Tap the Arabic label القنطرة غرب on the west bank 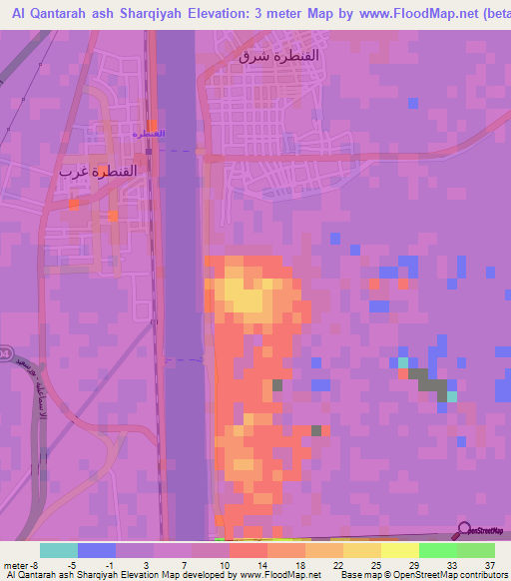[94, 170]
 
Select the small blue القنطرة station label [148, 133]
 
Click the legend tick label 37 [488, 565]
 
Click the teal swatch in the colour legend [59, 550]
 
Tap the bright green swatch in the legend [437, 550]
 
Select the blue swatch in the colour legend [97, 550]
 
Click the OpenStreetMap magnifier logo [464, 531]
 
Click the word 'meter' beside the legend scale [17, 565]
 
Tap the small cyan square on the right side [403, 362]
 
